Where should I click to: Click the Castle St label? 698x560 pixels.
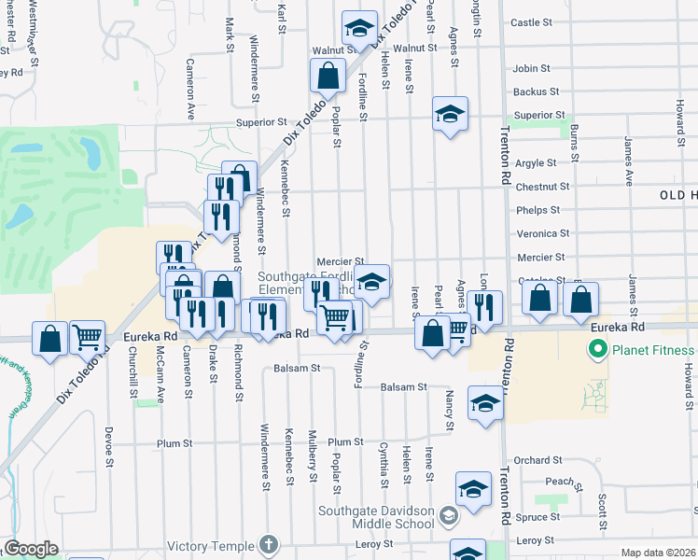[532, 21]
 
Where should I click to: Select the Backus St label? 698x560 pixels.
[536, 92]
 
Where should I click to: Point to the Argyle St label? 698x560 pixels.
[536, 163]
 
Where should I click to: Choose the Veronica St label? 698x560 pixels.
[542, 233]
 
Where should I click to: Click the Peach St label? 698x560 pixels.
[559, 482]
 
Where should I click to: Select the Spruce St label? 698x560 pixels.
[537, 517]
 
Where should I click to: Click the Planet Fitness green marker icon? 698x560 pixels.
[593, 351]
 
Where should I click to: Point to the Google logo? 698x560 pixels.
[31, 549]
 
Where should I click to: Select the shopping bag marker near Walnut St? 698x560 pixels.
[328, 76]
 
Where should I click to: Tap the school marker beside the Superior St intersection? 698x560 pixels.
[450, 116]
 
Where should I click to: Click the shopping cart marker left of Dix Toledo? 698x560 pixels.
[87, 338]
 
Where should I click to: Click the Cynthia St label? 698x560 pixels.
[384, 465]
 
